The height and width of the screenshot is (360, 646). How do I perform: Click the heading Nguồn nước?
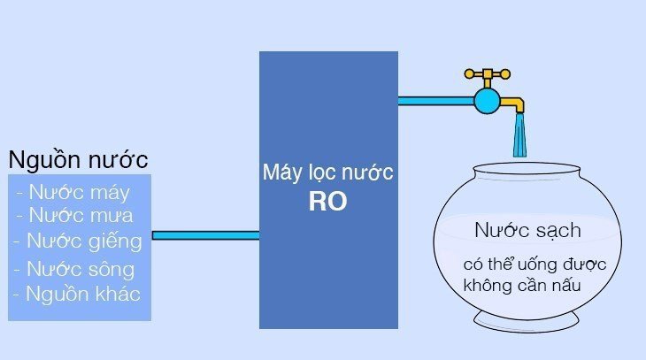coord(78,160)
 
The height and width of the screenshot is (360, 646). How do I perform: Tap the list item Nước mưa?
coord(74,215)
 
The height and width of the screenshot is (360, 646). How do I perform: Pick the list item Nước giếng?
coord(77,241)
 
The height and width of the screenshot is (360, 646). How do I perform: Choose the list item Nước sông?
coord(73,269)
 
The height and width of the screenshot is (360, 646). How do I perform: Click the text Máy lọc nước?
coord(327,172)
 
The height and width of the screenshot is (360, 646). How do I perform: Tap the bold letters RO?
coord(327,202)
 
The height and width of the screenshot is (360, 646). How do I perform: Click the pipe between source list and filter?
coord(205,235)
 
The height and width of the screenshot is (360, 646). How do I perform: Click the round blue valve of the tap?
coord(487,100)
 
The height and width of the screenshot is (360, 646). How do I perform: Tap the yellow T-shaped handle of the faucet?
coord(487,74)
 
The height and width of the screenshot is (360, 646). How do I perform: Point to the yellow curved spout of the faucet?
coord(514,105)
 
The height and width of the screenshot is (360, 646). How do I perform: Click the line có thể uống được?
coord(525,264)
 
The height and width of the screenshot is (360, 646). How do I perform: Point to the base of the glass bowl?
coord(526,318)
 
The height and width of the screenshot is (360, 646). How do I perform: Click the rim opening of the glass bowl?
coord(526,166)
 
